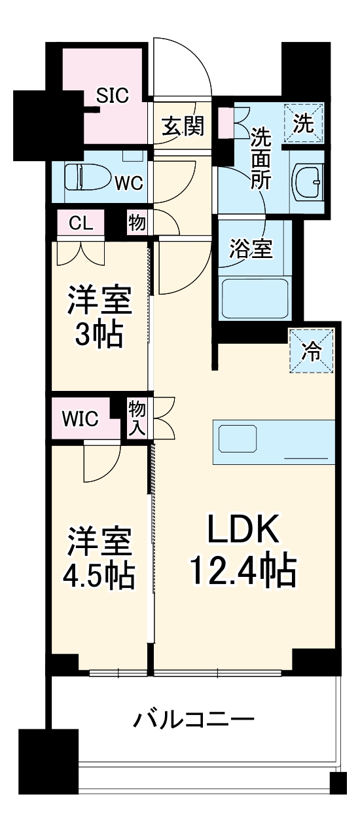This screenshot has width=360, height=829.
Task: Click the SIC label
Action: point(113,95)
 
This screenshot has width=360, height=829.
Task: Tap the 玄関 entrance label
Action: point(183,126)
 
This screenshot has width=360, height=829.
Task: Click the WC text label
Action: point(130,183)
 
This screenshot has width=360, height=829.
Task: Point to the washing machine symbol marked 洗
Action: point(303,122)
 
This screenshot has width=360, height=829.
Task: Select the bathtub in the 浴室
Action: point(255,299)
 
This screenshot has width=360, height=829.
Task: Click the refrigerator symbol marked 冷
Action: point(312,350)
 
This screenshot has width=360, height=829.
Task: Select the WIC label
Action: point(81,418)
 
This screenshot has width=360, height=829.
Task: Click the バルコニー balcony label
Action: point(194,720)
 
